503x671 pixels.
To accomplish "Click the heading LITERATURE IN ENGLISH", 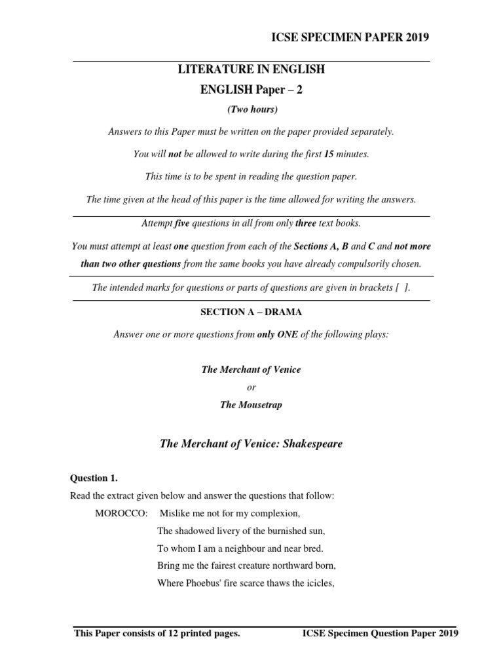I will pos(251,69).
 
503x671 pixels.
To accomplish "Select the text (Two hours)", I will pos(251,109).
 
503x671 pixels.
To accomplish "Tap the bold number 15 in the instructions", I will pos(329,154).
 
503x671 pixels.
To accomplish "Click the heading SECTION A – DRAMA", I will pos(251,312).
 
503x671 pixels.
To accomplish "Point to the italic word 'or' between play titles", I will pos(251,387).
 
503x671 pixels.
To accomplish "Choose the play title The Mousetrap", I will pos(251,405).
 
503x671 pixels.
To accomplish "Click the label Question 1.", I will pos(94,478).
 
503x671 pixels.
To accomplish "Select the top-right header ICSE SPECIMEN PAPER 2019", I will pos(350,37).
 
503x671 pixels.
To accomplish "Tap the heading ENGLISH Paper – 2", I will pos(251,89).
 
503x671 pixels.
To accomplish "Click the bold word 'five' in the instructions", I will pos(181,223).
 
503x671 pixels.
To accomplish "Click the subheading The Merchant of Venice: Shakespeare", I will pos(251,444).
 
